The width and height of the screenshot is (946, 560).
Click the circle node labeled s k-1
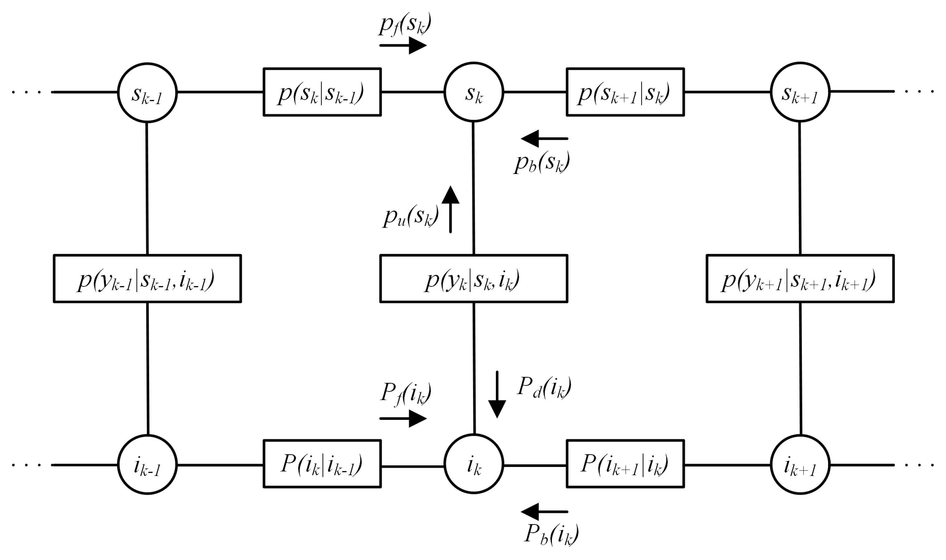(147, 93)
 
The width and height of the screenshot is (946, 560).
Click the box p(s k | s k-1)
(322, 92)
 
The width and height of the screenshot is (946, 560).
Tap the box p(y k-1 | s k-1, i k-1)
(147, 279)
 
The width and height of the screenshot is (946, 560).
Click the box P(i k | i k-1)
(322, 464)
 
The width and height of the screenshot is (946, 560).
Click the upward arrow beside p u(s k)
(450, 209)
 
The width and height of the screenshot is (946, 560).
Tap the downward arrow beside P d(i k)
(497, 394)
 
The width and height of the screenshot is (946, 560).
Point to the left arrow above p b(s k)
(544, 139)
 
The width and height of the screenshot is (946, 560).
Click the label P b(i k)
(551, 534)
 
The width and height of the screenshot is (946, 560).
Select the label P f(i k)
(405, 393)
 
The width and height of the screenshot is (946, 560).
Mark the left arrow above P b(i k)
(544, 512)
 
